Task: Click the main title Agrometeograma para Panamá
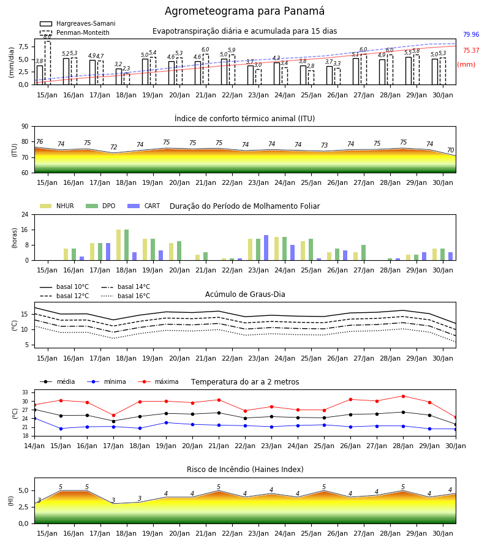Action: pos(244,11)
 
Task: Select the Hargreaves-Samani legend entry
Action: pos(78,23)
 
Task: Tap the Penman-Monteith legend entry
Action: pos(75,32)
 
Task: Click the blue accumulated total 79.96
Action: pos(471,34)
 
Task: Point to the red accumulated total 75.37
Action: pos(471,50)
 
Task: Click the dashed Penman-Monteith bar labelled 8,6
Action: pos(47,63)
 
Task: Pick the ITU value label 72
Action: pos(113,147)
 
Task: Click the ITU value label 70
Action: pos(450,150)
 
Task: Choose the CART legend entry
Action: pos(144,206)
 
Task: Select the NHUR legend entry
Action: pos(57,206)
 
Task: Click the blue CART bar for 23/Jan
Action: pos(266,248)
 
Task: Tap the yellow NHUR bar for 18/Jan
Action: pos(118,245)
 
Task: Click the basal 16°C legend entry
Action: pos(126,296)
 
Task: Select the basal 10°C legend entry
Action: pos(64,287)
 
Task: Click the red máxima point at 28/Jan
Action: pos(403,396)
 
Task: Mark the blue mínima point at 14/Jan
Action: pos(34,419)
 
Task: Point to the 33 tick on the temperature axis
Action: pos(25,392)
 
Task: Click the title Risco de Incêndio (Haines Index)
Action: pos(245,470)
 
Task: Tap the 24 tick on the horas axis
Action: pos(25,214)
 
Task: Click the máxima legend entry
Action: pos(158,381)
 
